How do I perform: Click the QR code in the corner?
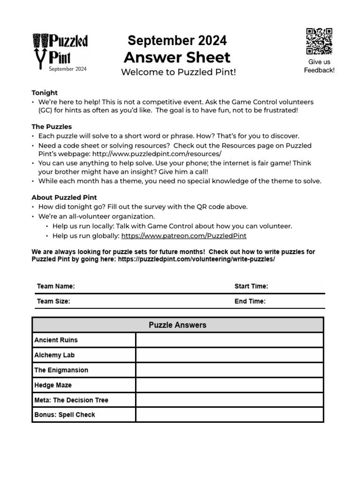point(319,41)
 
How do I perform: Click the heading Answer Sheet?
point(177,58)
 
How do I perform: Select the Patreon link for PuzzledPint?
point(184,236)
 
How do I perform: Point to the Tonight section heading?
point(45,93)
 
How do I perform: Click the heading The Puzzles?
point(52,127)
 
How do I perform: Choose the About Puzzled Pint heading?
point(64,197)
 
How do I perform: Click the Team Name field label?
point(56,286)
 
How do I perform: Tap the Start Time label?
point(251,286)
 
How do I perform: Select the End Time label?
point(250,301)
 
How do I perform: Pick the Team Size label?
point(53,301)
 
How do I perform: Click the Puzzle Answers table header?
point(178,325)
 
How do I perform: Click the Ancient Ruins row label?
point(56,340)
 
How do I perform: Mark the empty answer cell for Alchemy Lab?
point(229,355)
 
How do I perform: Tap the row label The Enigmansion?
point(61,370)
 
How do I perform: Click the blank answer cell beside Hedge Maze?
point(229,385)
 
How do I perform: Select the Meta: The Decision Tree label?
point(71,400)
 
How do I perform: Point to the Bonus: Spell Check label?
point(65,415)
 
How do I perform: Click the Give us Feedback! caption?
point(319,66)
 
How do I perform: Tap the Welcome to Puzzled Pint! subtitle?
point(178,72)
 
